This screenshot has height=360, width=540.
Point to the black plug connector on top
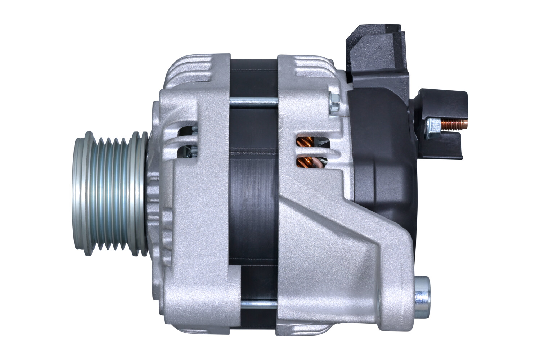coord(376,50)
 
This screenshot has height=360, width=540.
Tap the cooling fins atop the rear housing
coord(310,68)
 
